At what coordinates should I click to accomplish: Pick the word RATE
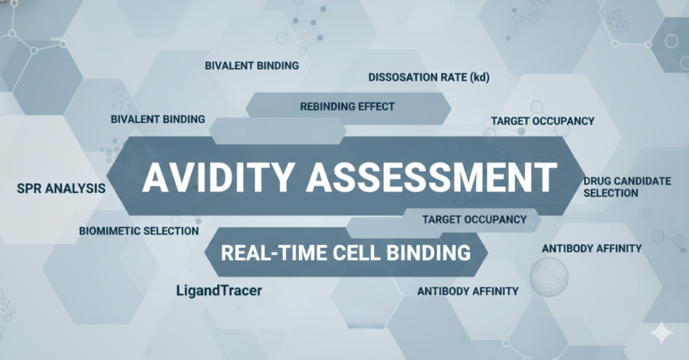pos(452,78)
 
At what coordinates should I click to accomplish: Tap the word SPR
pos(30,189)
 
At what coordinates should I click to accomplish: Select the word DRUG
pos(598,181)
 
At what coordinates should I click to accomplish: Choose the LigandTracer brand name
pos(220,291)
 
